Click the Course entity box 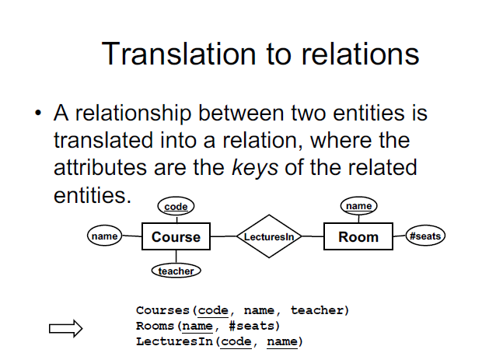coord(176,237)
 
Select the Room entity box coord(358,237)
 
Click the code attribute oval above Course coord(176,206)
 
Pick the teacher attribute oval coord(176,271)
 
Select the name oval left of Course coord(103,236)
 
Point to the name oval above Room coord(358,206)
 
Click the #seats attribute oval coord(426,236)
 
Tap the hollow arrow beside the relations coord(66,329)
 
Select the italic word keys coord(255,167)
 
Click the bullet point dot coord(37,114)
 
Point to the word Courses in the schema coord(161,310)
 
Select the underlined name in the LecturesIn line coord(282,341)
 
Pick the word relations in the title coord(362,54)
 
